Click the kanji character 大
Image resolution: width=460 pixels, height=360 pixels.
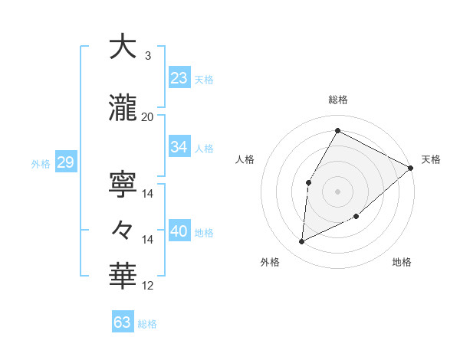[123, 47]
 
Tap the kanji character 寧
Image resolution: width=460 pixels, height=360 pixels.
[123, 184]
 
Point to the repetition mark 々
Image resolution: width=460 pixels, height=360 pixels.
[123, 229]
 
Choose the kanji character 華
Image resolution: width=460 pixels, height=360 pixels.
[123, 274]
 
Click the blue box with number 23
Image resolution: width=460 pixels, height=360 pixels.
[179, 78]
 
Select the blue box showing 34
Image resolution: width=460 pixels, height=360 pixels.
[179, 147]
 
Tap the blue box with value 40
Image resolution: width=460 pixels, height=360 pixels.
[179, 231]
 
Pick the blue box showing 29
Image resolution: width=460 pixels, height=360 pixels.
[64, 162]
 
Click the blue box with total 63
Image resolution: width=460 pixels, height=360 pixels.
[123, 322]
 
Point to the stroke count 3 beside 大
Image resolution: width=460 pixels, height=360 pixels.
[148, 55]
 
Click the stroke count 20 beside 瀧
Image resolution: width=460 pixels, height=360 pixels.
[148, 116]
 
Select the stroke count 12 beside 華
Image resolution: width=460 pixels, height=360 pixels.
[148, 286]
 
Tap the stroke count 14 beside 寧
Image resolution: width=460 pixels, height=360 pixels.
[148, 194]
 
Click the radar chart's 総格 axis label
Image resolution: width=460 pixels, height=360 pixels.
[337, 100]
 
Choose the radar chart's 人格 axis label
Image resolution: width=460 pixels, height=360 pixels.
[245, 159]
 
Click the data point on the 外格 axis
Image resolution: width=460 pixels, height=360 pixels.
[302, 242]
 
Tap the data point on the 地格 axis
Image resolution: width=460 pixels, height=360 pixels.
[356, 218]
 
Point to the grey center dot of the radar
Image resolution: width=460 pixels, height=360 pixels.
[337, 191]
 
